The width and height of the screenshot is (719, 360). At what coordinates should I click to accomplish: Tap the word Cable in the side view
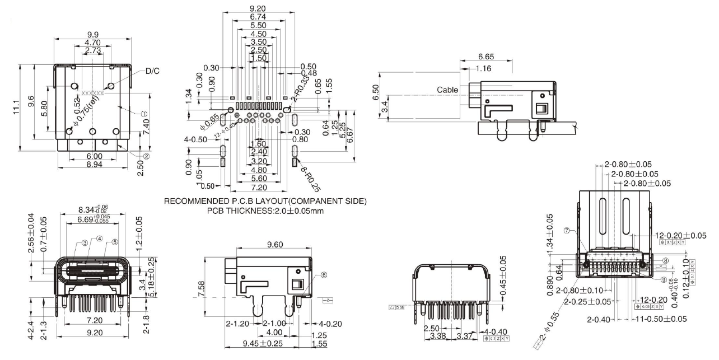[447, 90]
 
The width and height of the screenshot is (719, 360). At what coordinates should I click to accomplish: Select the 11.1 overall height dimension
[17, 106]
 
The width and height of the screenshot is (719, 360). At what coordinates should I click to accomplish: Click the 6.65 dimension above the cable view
[486, 58]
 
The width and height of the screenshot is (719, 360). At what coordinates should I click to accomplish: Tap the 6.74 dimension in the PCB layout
[257, 17]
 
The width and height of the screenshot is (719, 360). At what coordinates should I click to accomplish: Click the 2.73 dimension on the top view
[93, 51]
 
